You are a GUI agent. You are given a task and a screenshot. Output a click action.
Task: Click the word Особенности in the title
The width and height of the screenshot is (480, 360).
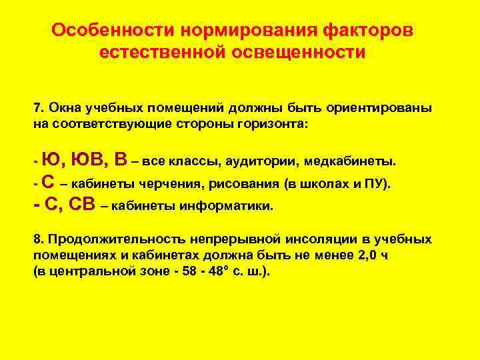[114, 31]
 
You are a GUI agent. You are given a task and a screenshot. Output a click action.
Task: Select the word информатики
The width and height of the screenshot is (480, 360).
[232, 206]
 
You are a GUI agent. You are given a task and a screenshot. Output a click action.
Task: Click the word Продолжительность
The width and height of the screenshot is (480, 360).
[113, 239]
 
